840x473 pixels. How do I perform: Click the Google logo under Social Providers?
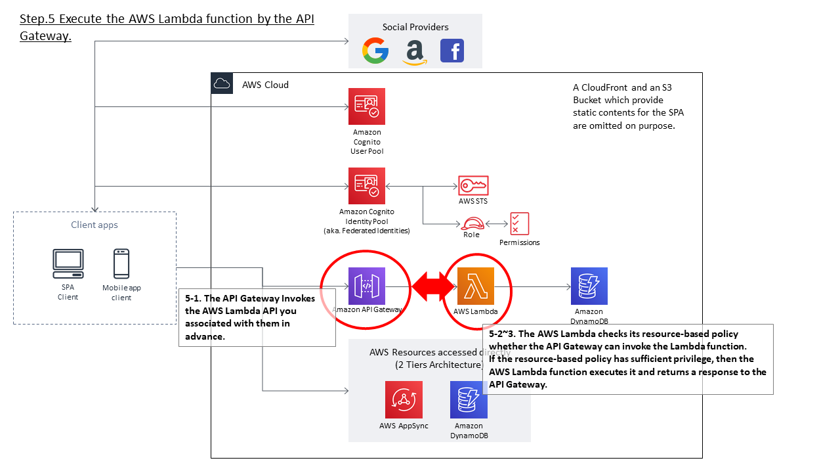(x=375, y=51)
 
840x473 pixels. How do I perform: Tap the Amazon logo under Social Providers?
(x=415, y=51)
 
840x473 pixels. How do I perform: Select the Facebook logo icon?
(x=452, y=51)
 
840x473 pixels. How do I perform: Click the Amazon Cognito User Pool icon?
(x=367, y=106)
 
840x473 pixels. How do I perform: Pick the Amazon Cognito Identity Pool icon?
(x=367, y=186)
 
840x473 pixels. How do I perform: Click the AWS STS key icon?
(x=473, y=185)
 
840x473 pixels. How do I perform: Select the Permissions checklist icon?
(x=519, y=224)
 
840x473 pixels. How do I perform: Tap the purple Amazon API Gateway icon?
(x=367, y=286)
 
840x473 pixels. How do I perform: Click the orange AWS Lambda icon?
(x=476, y=286)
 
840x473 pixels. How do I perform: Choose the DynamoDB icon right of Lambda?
(x=589, y=286)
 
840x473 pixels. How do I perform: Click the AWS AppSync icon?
(x=404, y=399)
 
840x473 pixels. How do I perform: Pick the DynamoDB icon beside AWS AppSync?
(x=469, y=399)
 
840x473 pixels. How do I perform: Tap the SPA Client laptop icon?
(x=68, y=264)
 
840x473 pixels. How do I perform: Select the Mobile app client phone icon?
(x=121, y=264)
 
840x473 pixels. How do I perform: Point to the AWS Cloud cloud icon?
(x=222, y=83)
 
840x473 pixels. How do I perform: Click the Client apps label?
(x=94, y=225)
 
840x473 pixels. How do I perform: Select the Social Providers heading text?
(x=415, y=27)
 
